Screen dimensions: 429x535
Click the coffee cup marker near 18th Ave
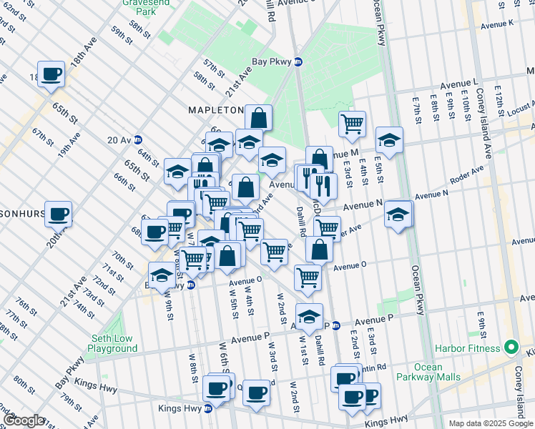click(x=51, y=74)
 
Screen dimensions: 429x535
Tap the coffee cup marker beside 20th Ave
click(x=59, y=212)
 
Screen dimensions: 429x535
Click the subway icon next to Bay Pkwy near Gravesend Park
click(x=299, y=61)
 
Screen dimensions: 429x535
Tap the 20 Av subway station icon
click(x=138, y=139)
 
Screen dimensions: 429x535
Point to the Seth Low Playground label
click(x=112, y=343)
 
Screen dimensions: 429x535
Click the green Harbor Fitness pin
click(x=510, y=348)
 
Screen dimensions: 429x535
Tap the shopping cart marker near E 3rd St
click(x=352, y=124)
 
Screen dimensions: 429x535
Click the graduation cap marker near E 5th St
click(x=389, y=140)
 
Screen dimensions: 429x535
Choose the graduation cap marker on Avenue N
click(x=398, y=214)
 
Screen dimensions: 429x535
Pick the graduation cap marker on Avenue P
click(x=309, y=316)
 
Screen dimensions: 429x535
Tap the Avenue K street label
click(x=497, y=24)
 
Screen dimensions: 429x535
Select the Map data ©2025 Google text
click(x=491, y=423)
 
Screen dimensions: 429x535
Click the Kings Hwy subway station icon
click(x=208, y=408)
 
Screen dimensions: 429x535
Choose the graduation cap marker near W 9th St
click(x=163, y=275)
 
